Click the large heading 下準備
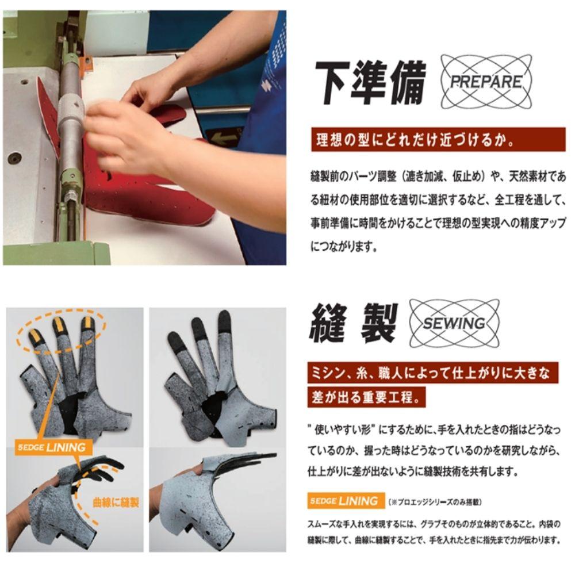tap(370, 82)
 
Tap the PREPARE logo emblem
tap(486, 82)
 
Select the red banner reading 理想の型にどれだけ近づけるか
tap(438, 140)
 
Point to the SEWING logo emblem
tap(454, 323)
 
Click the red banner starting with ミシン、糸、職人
tap(433, 373)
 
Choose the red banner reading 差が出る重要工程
tap(366, 397)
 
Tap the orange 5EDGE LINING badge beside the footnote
tap(346, 501)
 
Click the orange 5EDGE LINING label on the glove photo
tap(52, 447)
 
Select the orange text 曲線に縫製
tap(116, 503)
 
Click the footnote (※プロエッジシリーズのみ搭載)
tap(435, 501)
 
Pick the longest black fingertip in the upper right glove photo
tap(224, 322)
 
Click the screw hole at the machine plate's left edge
tap(15, 159)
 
